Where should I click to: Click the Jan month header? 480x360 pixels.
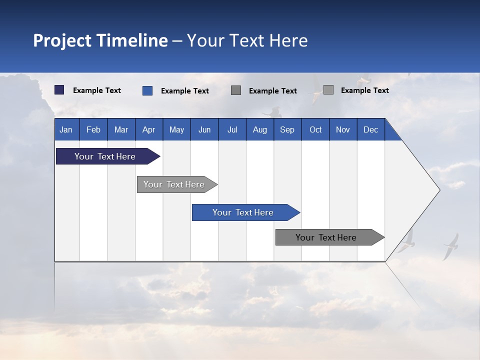[x=66, y=129]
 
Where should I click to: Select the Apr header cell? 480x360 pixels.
[x=148, y=129]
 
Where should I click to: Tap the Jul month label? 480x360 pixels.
[x=232, y=129]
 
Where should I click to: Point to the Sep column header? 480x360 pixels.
[x=287, y=129]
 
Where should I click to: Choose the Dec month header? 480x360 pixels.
[x=370, y=129]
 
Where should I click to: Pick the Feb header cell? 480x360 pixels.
[x=93, y=129]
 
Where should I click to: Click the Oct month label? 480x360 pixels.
[x=315, y=129]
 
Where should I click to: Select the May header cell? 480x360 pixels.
[x=176, y=129]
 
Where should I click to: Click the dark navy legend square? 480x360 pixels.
[x=59, y=90]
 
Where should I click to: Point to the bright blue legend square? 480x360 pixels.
[x=147, y=90]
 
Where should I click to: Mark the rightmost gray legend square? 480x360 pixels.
[x=328, y=90]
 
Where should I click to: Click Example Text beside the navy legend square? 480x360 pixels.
[x=97, y=90]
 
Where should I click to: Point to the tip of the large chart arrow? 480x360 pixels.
[x=439, y=190]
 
